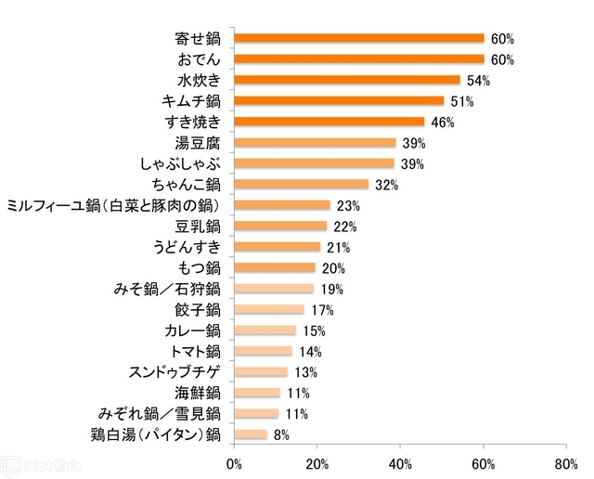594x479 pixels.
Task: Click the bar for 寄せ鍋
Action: click(359, 38)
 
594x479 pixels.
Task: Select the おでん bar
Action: click(359, 59)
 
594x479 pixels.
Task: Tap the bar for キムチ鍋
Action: click(339, 100)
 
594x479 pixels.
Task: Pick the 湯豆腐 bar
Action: click(315, 142)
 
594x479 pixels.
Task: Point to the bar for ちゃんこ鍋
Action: click(301, 184)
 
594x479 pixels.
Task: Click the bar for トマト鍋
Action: click(263, 351)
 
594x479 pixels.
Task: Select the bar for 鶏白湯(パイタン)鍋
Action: click(251, 434)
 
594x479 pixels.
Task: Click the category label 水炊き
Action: click(197, 80)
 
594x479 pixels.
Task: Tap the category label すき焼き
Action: click(191, 122)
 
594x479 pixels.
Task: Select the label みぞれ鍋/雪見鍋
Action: click(159, 413)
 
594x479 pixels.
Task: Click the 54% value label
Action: click(478, 81)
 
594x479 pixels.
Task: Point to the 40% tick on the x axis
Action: click(400, 461)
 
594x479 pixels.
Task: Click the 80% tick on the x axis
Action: click(565, 461)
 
